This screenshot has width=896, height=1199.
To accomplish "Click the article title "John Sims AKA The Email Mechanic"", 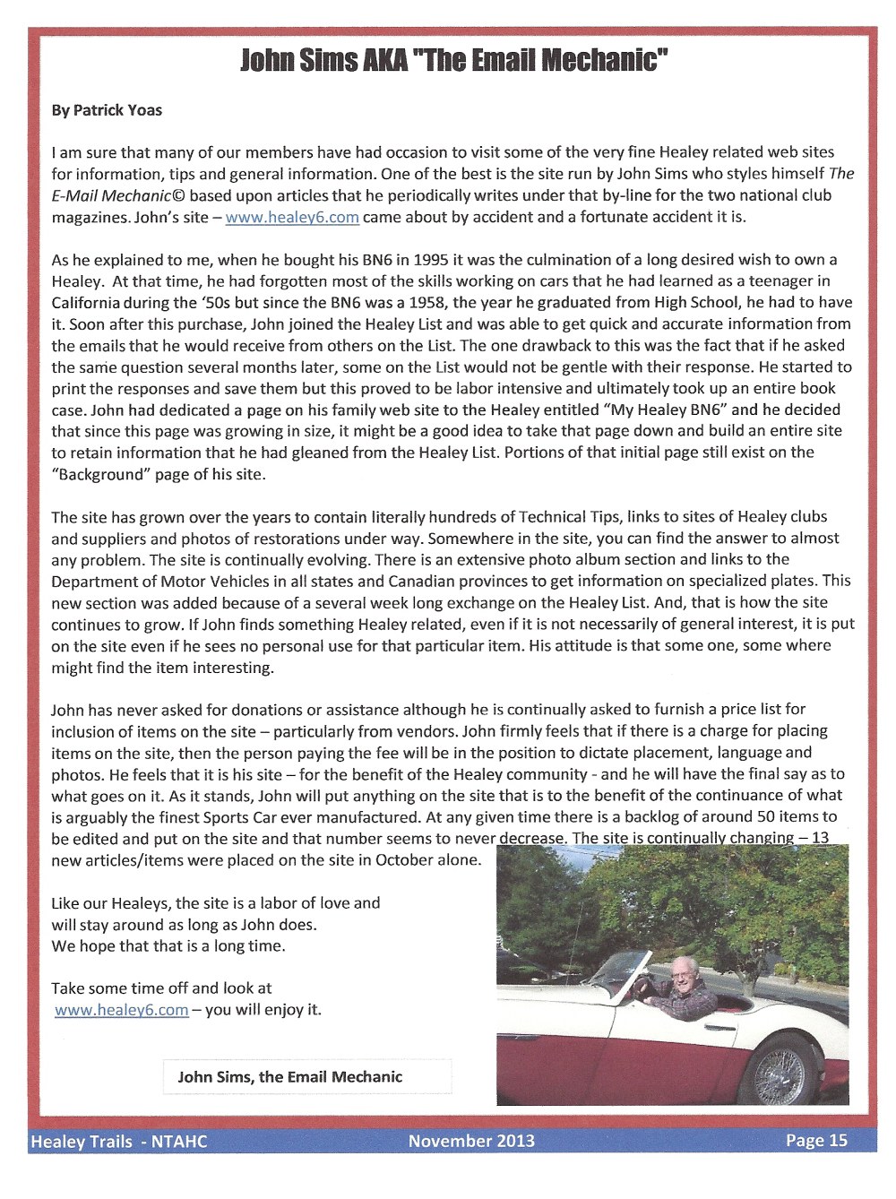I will pos(455,61).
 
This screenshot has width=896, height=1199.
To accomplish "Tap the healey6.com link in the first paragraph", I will pos(292,218).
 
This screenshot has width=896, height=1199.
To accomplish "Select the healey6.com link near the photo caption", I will pos(122,1010).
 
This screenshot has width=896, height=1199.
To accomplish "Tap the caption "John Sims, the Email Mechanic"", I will pos(290,1077).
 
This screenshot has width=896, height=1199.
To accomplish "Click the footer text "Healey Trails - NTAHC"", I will pos(118,1142).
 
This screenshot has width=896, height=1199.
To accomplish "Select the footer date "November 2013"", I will pos(471,1141).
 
